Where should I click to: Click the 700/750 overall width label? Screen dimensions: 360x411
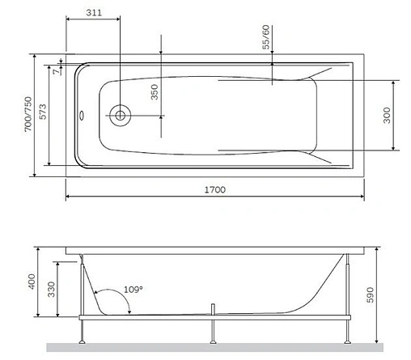[x=28, y=116]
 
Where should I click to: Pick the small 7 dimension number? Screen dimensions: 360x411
[x=54, y=72]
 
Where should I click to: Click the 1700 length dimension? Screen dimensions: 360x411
[x=215, y=189]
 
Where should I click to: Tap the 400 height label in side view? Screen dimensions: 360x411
[x=31, y=282]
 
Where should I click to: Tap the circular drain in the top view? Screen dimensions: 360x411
[x=119, y=115]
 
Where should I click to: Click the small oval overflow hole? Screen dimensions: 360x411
[x=80, y=115]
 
